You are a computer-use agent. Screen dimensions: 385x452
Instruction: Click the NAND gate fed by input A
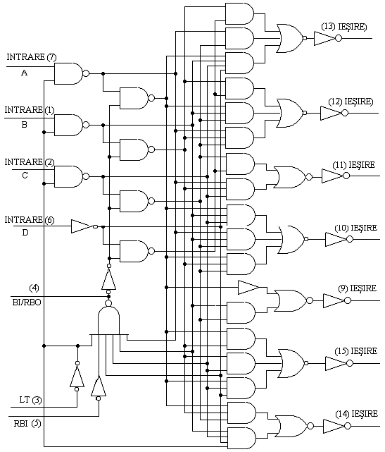(71, 73)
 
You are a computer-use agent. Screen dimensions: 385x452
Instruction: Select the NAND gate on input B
(71, 125)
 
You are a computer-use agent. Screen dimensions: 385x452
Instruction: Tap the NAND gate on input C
(71, 176)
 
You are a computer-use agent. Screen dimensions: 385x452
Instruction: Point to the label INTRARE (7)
(32, 57)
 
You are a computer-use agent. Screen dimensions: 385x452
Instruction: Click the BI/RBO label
(27, 303)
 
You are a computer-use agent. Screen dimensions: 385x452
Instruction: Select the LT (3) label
(30, 400)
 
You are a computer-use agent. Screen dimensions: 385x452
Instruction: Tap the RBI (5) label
(27, 424)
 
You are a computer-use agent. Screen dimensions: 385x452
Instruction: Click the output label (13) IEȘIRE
(344, 27)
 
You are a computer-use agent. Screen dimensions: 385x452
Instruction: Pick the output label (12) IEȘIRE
(351, 102)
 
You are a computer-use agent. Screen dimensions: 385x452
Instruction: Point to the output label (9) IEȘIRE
(357, 288)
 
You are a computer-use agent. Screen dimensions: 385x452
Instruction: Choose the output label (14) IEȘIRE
(356, 414)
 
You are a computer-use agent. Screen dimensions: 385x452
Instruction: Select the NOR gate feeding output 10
(292, 239)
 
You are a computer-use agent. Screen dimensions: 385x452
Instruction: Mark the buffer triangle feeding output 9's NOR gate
(248, 288)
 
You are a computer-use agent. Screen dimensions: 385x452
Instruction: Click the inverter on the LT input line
(77, 376)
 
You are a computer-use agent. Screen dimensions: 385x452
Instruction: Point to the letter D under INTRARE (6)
(25, 232)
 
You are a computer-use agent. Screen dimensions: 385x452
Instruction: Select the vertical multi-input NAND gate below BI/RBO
(108, 319)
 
